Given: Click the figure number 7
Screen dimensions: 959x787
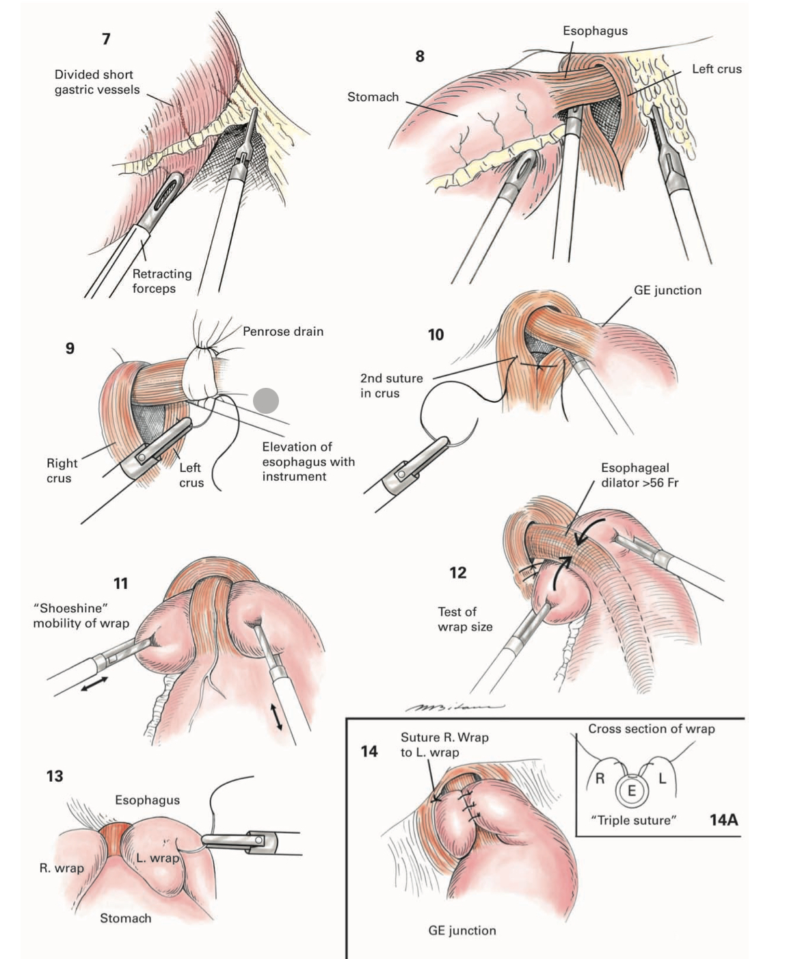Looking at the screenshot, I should tap(106, 39).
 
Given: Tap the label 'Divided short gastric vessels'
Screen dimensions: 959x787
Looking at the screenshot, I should tap(96, 82).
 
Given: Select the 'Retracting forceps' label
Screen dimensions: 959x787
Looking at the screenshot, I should tap(161, 281).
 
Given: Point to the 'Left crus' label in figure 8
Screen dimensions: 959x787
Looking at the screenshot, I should tap(716, 69).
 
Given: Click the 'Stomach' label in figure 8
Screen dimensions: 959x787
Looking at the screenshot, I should tap(373, 97).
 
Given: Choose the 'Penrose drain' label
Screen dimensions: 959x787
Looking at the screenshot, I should tap(283, 332).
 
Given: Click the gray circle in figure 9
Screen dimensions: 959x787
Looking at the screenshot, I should tap(266, 401).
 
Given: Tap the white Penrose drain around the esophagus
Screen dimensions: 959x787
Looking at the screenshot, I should tap(202, 372).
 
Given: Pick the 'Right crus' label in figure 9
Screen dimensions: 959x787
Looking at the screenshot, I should tap(62, 471).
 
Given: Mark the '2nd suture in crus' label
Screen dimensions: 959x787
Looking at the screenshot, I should tap(391, 386).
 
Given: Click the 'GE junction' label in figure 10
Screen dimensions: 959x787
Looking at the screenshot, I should tap(667, 290).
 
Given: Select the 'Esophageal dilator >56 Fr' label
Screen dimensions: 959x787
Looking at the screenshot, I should tap(639, 475).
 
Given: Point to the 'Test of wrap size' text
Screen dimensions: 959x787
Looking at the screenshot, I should tap(465, 619).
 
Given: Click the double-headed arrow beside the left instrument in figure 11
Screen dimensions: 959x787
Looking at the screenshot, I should tap(94, 683).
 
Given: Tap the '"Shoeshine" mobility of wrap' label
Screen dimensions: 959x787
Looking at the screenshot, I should tap(81, 616).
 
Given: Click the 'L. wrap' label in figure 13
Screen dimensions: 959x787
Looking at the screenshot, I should tap(157, 858).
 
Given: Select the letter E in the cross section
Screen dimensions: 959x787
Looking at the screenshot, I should tap(632, 791).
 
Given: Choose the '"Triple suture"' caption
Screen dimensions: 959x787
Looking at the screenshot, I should tap(633, 820).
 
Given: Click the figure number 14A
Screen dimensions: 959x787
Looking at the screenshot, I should tap(723, 819).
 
